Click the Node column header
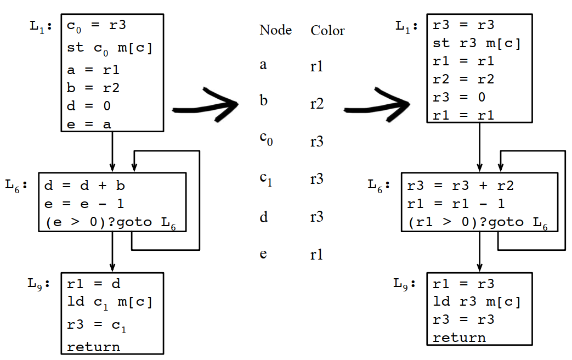275,30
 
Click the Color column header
327,30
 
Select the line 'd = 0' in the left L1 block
89,106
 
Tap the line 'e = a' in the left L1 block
89,124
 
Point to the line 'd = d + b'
85,185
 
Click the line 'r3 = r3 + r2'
461,185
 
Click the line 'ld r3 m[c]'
476,301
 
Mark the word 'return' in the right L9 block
459,337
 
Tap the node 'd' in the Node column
264,217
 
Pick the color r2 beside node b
316,103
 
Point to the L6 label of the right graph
379,185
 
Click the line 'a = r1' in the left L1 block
93,70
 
